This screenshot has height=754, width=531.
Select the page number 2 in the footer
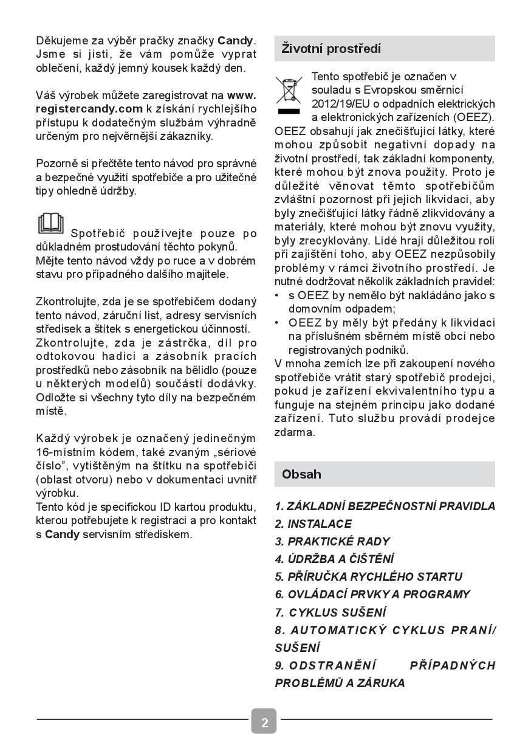[264, 722]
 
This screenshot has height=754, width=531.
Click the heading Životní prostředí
[331, 49]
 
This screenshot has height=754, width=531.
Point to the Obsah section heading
[301, 474]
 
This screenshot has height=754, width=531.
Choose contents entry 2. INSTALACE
[313, 524]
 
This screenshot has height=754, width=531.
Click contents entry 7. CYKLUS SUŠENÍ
[331, 612]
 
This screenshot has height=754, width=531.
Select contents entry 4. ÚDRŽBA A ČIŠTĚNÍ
[335, 559]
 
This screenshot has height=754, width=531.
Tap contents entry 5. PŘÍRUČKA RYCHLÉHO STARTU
[369, 576]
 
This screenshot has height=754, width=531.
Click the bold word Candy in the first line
[235, 41]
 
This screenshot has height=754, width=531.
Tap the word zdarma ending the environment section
[295, 432]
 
